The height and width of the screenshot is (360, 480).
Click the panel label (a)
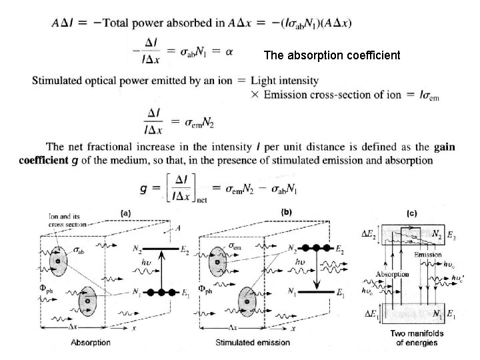(x=125, y=213)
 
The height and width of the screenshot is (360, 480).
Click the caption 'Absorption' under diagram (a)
(x=91, y=342)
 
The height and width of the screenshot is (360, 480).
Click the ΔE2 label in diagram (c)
(x=371, y=233)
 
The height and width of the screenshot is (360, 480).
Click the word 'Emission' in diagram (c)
(x=427, y=254)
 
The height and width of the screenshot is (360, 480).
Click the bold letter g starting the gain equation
(x=146, y=189)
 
